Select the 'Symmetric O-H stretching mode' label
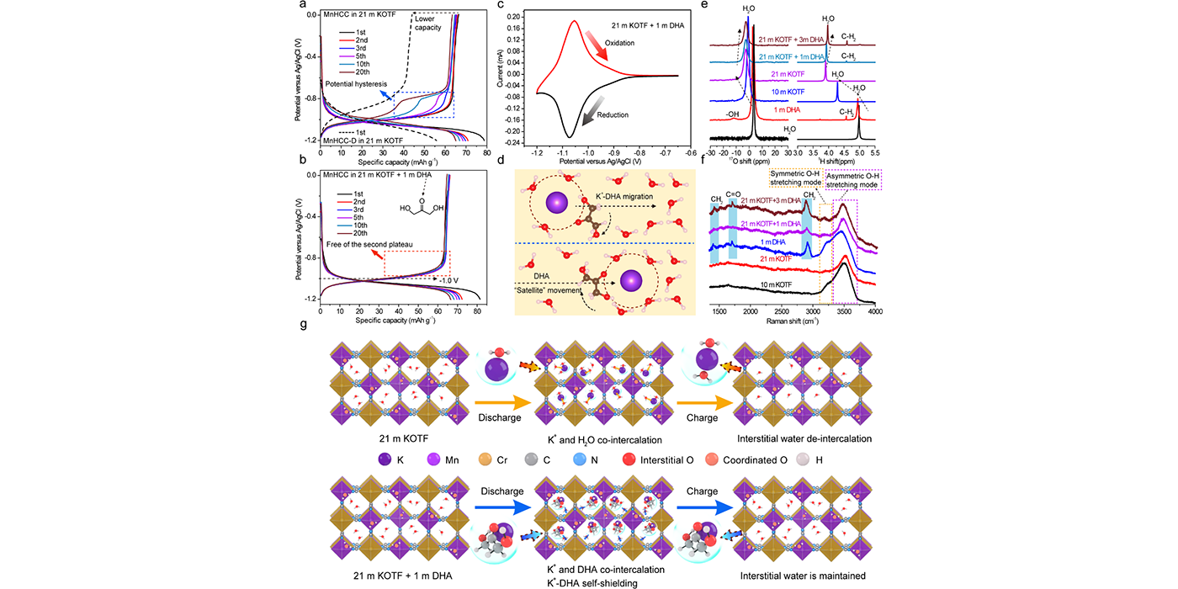798,178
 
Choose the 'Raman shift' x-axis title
792,321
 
